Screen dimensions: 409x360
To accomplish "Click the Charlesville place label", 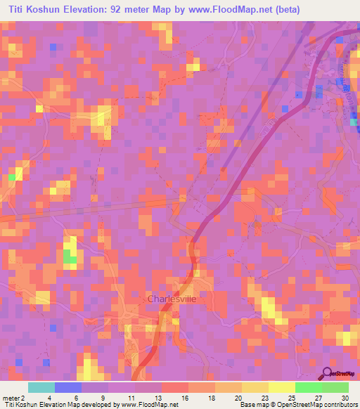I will (172, 299).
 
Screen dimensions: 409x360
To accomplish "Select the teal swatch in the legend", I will (41, 387).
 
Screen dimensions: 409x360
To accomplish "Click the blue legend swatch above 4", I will (68, 387).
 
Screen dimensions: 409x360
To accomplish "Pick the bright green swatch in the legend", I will (309, 387).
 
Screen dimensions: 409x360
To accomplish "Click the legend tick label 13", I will (162, 398).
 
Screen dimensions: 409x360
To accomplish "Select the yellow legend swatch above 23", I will (255, 387).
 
